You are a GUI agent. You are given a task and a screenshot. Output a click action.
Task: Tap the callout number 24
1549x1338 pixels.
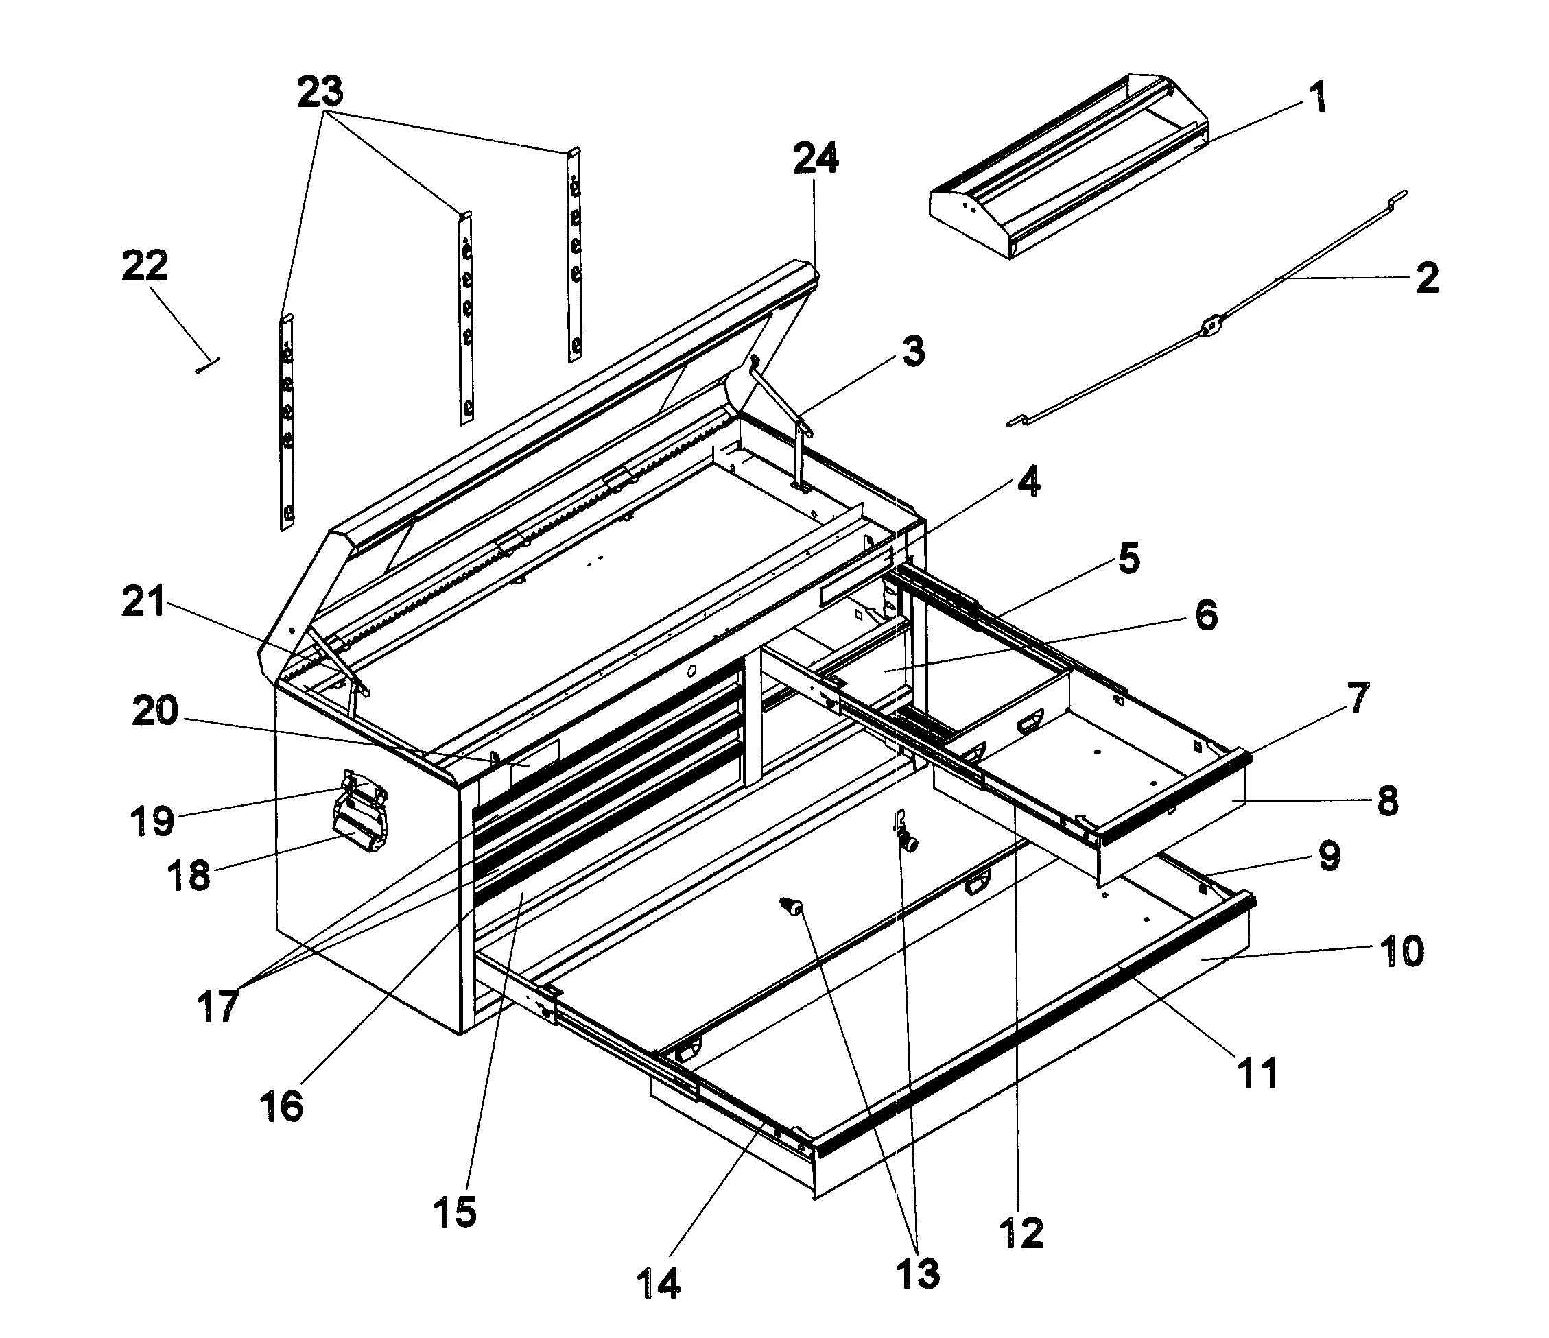pos(815,158)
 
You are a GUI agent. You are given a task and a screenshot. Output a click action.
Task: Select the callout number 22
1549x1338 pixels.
pos(144,266)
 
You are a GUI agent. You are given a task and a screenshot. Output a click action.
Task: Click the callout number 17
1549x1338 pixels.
pos(217,1005)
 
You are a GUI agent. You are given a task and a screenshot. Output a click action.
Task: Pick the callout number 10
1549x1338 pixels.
pos(1401,953)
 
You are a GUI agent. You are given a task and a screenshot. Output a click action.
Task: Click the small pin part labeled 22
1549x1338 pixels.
pos(208,366)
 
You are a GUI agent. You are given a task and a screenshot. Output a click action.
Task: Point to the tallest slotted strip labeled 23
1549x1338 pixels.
pos(286,422)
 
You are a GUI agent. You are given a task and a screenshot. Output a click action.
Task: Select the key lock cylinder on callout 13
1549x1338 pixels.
pos(909,843)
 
